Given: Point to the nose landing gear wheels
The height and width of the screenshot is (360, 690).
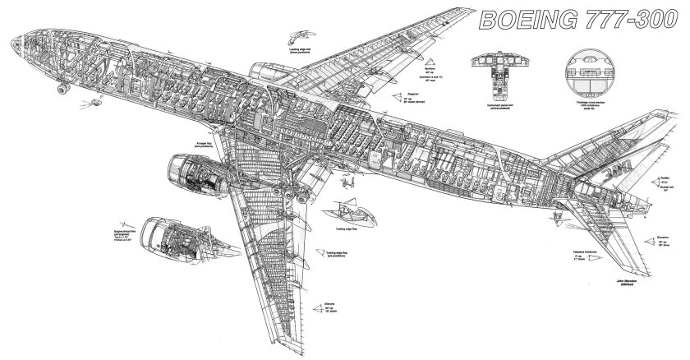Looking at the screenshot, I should point(62,88).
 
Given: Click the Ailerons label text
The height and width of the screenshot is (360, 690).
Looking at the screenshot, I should point(330,298).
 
